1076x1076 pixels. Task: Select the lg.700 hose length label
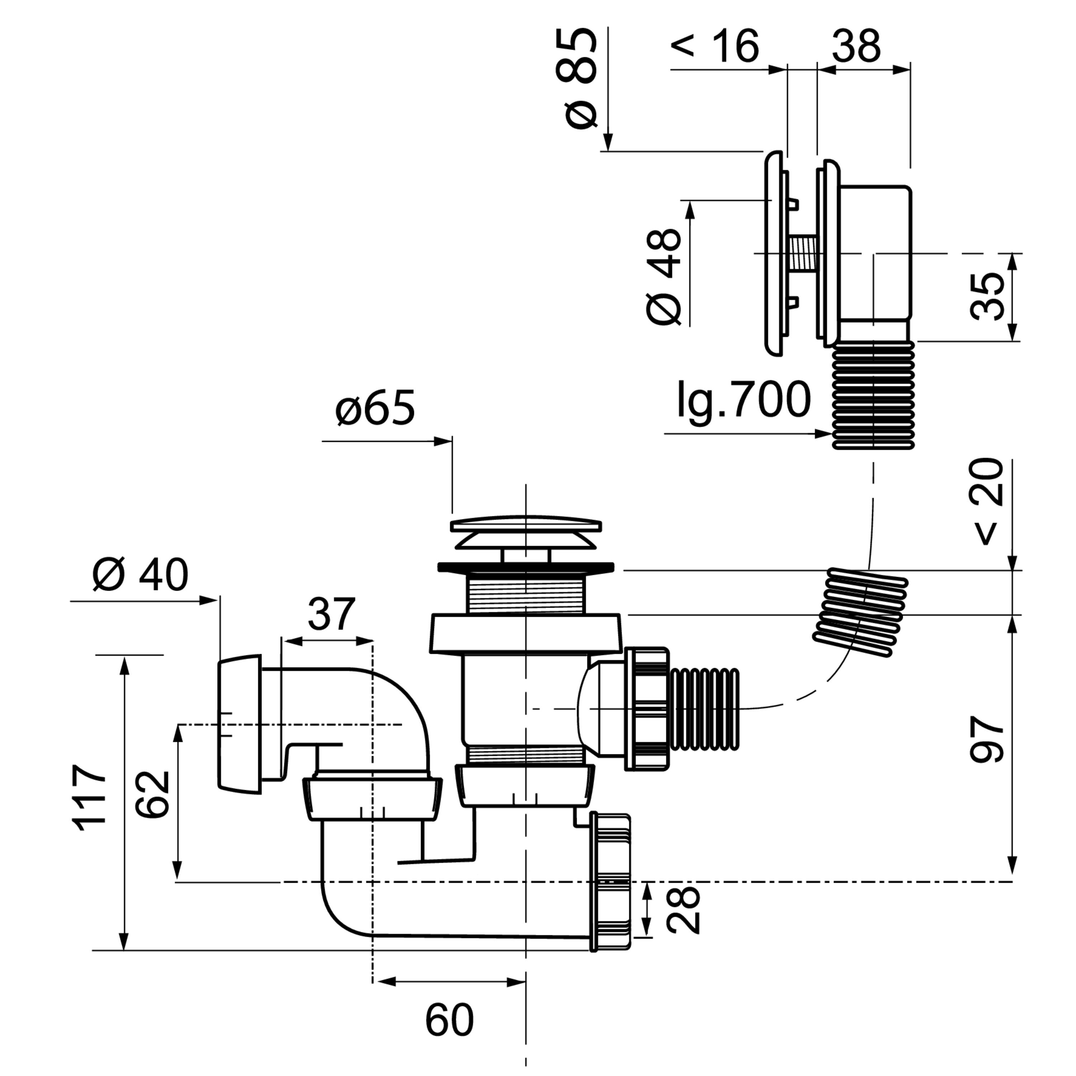pos(744,399)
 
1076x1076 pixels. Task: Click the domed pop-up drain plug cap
pos(526,532)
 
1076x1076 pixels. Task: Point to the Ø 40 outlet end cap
pos(239,725)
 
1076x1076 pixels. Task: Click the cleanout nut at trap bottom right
pos(610,882)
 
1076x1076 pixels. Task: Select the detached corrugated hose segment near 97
pos(860,613)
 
